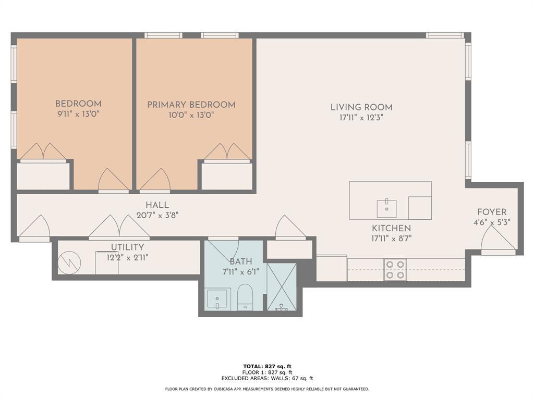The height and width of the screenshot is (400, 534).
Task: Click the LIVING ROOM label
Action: point(361,107)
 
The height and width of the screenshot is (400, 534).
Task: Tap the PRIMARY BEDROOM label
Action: point(191,105)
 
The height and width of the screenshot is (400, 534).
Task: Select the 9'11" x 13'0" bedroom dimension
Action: point(78,114)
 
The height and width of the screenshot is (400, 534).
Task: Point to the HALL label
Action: point(157,205)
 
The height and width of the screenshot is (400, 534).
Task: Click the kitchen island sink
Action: point(386,209)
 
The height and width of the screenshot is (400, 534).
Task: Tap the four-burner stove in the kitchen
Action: point(395,270)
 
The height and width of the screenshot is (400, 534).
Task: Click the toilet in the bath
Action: point(245,297)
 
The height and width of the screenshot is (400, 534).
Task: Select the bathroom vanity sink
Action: point(218,299)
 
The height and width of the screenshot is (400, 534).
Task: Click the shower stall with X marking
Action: point(282,287)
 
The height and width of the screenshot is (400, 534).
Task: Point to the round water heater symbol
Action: point(69,262)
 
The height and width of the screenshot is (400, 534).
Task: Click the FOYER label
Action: point(492,212)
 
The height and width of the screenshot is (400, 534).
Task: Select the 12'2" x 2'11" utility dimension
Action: point(127,257)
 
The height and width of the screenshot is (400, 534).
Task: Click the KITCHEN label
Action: point(391,228)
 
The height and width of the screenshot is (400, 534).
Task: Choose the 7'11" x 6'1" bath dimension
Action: point(241,272)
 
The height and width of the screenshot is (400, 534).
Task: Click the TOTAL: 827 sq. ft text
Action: point(267,366)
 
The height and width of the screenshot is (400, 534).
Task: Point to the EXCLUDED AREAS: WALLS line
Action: point(267,378)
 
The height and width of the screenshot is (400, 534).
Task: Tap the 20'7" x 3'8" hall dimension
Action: point(157,215)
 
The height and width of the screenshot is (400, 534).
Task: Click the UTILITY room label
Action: point(127,247)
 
